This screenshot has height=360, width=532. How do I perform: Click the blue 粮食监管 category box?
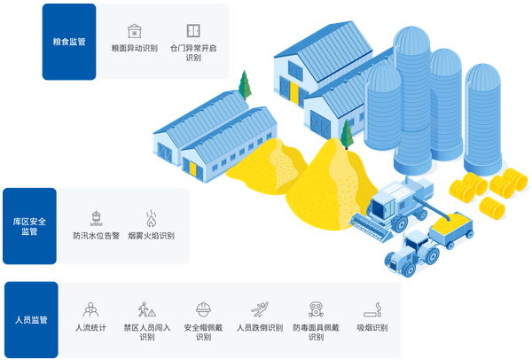[x=69, y=42]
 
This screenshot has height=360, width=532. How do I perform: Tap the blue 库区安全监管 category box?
[x=29, y=226]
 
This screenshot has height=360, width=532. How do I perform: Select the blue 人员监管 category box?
[x=31, y=320]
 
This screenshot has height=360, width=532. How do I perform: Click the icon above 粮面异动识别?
[x=134, y=31]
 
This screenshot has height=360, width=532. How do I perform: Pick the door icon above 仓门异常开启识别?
[x=192, y=31]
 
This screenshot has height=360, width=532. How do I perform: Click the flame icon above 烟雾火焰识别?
[x=151, y=218]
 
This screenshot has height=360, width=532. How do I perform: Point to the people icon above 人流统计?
[x=90, y=310]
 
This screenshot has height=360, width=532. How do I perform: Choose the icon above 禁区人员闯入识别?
[x=146, y=310]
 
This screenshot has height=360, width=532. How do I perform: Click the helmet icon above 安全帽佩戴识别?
[x=203, y=309]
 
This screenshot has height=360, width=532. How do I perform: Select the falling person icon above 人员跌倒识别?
[x=259, y=310]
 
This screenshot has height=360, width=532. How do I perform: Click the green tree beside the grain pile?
[x=347, y=136]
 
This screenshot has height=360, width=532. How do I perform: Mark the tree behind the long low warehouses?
[x=242, y=85]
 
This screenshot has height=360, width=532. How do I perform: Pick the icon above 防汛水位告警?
[x=94, y=218]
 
